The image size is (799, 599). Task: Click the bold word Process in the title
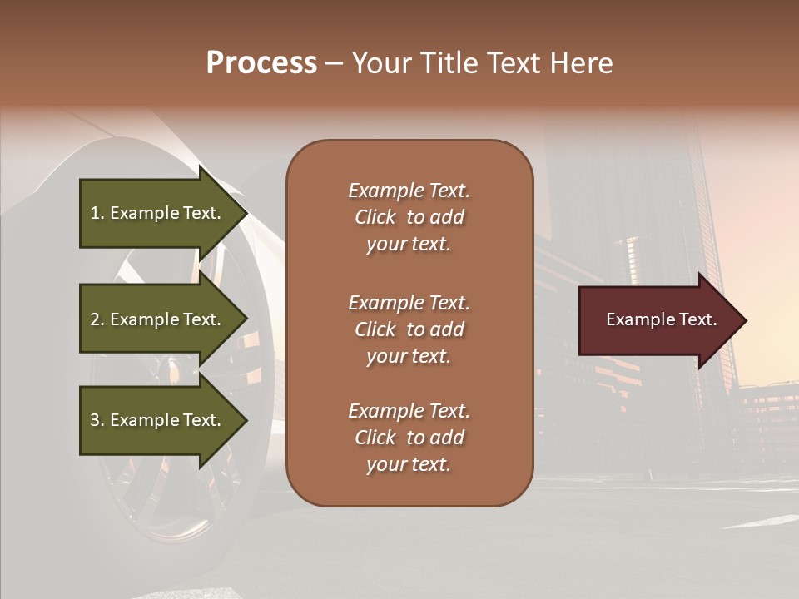261,63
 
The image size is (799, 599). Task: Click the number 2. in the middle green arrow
97,319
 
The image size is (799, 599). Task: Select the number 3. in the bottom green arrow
97,420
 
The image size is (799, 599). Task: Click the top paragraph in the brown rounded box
409,217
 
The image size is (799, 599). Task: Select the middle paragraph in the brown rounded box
409,329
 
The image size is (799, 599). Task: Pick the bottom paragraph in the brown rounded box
409,438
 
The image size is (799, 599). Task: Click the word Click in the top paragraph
375,217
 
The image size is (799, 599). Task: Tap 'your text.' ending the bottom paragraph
409,464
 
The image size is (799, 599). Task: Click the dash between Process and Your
335,63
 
